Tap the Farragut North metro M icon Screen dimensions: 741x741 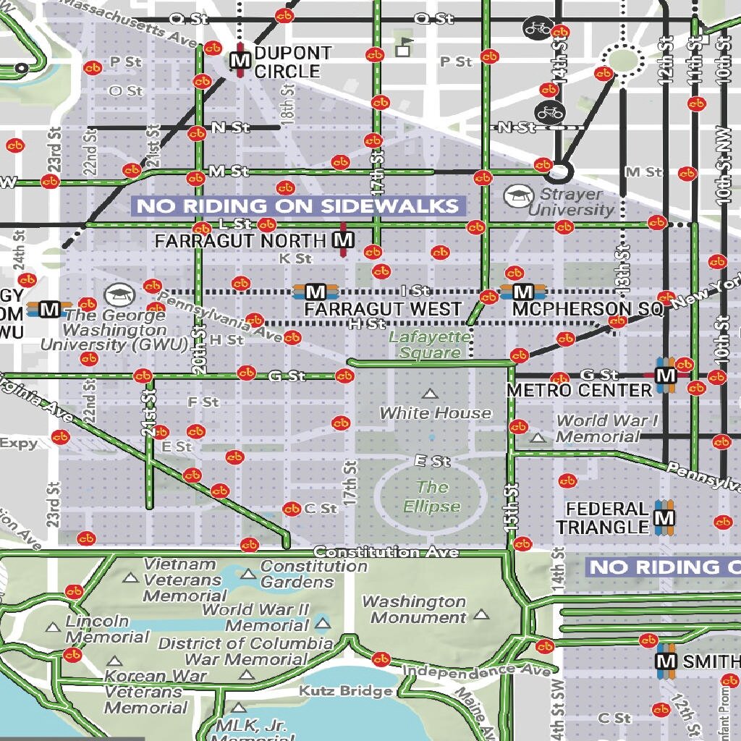[x=344, y=240]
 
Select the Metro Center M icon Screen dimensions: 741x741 [x=665, y=375]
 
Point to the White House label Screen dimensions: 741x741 [x=435, y=413]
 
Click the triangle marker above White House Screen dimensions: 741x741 [x=431, y=394]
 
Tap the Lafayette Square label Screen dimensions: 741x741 [x=430, y=344]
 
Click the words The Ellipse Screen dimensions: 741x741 [x=432, y=496]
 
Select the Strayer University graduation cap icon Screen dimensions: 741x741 [x=518, y=194]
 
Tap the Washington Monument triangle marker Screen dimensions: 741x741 [x=481, y=614]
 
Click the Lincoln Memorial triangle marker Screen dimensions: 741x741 [x=53, y=627]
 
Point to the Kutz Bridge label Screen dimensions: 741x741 [x=346, y=691]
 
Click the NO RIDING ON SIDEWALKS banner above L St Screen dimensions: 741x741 [x=297, y=206]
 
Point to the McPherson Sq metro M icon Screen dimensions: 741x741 [x=523, y=292]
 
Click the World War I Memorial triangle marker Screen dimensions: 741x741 [x=537, y=437]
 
